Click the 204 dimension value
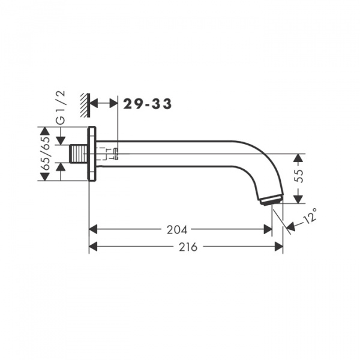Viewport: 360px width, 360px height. click(177, 230)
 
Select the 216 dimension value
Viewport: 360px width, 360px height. click(188, 247)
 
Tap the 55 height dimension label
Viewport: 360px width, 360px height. click(298, 176)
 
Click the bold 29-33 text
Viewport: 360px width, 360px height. click(148, 104)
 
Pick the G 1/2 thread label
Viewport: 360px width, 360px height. click(61, 107)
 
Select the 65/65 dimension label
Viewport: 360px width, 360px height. click(45, 154)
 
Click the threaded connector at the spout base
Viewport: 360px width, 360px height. click(78, 154)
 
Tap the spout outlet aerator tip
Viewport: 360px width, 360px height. click(272, 200)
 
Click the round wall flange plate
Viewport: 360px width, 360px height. click(92, 154)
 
